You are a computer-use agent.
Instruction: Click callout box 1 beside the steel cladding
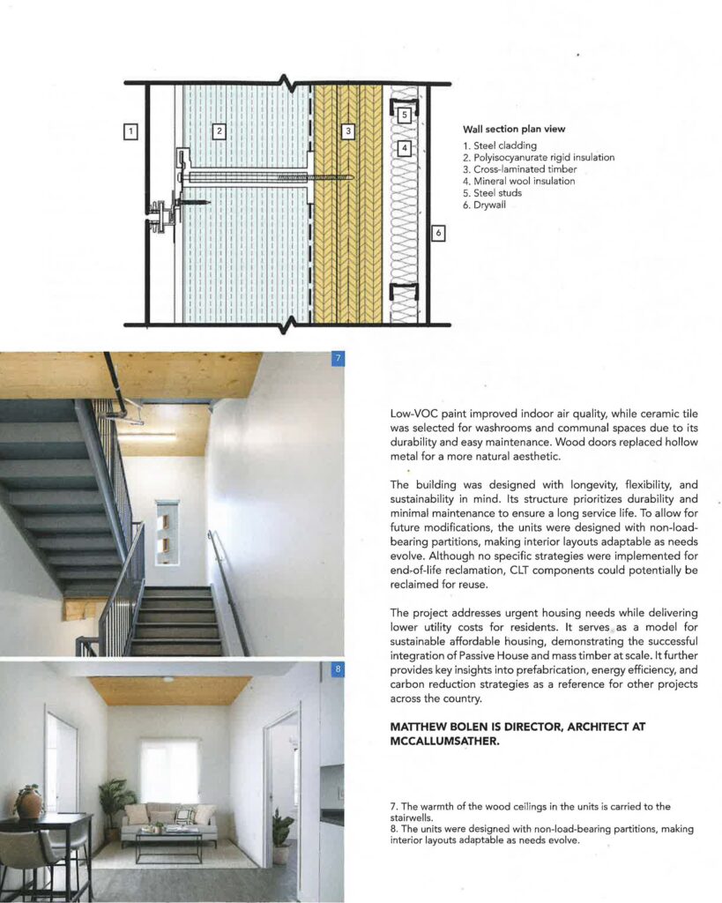[x=130, y=132]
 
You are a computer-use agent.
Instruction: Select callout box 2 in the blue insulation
[x=220, y=132]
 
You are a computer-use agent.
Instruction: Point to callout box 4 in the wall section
[x=404, y=148]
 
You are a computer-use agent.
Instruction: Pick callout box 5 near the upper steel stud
[x=404, y=115]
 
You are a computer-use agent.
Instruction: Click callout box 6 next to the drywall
[x=439, y=234]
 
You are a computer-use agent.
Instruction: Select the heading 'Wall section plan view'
[x=515, y=130]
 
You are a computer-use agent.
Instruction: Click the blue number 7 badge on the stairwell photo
[x=337, y=359]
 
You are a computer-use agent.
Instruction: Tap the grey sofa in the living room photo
[x=168, y=821]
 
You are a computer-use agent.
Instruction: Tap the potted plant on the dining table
[x=29, y=801]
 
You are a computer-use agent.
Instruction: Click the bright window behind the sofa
[x=168, y=770]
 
